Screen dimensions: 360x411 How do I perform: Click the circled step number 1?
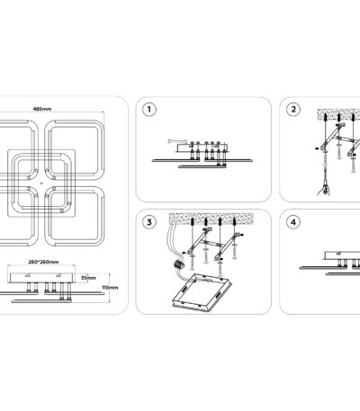tap(149, 110)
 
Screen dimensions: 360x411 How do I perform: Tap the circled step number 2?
tap(293, 110)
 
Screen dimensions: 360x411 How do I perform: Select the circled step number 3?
tap(149, 222)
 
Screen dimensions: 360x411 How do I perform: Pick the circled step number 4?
tap(293, 222)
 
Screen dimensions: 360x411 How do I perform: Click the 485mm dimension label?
tap(42, 109)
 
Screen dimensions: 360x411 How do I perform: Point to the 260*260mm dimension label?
tap(43, 262)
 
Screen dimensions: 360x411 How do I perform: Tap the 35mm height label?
tap(88, 278)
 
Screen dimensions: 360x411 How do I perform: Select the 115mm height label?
tap(110, 288)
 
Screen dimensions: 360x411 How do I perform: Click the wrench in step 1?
tap(177, 141)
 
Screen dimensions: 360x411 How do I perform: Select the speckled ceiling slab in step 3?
tap(211, 218)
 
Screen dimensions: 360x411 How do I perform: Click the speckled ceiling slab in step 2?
tap(338, 113)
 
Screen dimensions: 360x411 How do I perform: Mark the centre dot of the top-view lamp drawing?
tap(41, 183)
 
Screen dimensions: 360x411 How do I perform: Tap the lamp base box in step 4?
tap(342, 255)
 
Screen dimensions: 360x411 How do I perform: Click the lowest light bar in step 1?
tap(202, 166)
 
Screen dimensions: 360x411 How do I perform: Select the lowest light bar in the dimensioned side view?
tap(41, 300)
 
